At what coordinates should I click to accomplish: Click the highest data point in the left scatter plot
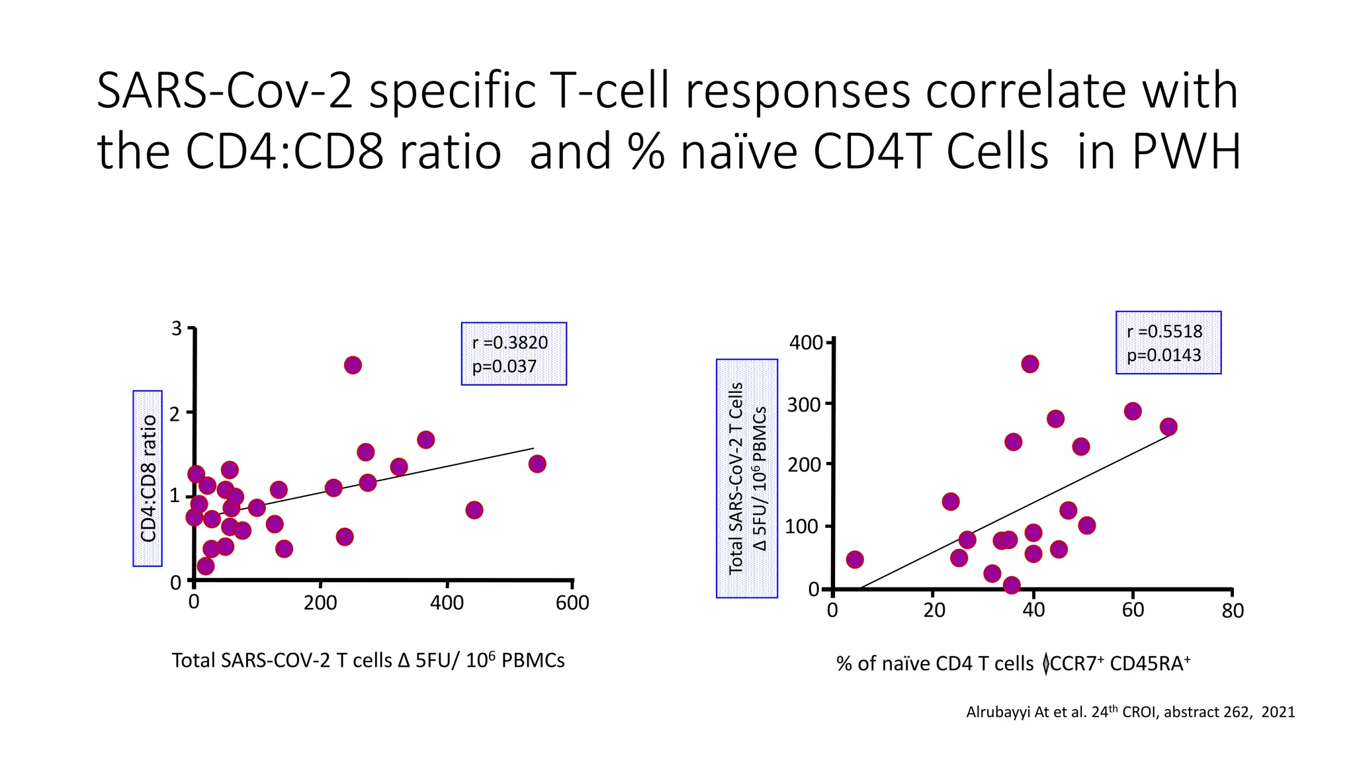[x=353, y=365]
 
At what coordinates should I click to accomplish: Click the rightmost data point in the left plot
[x=537, y=464]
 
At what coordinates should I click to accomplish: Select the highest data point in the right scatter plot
[x=1029, y=364]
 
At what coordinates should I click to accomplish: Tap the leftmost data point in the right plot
[x=855, y=560]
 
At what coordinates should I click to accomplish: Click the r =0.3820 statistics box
[x=513, y=354]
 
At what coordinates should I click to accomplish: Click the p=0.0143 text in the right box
[x=1164, y=355]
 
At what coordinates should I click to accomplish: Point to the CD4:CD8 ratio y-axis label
[x=148, y=478]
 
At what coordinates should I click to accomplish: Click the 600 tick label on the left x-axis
[x=572, y=603]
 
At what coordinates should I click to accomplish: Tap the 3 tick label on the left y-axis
[x=176, y=329]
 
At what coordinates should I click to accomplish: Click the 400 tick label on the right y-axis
[x=805, y=343]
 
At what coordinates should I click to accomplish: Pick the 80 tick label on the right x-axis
[x=1233, y=611]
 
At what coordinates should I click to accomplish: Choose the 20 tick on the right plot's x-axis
[x=934, y=611]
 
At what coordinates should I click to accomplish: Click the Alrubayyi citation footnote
[x=1130, y=712]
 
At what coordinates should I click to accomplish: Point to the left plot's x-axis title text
[x=368, y=660]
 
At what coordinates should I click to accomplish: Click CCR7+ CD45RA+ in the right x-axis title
[x=1119, y=663]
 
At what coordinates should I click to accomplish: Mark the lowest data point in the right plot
[x=1011, y=585]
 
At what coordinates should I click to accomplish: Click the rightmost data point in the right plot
[x=1168, y=427]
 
